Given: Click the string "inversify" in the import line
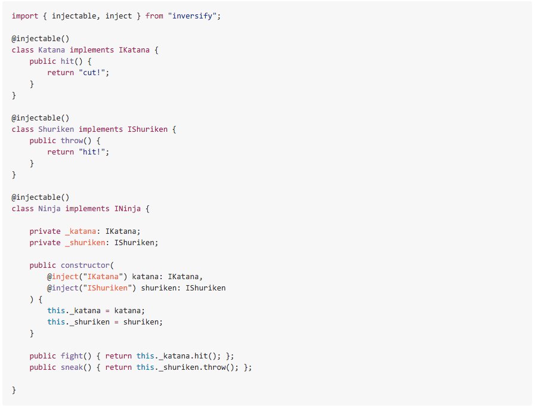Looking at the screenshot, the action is pyautogui.click(x=194, y=16).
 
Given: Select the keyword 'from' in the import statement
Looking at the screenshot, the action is pyautogui.click(x=154, y=16).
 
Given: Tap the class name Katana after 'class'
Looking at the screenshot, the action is pyautogui.click(x=51, y=50).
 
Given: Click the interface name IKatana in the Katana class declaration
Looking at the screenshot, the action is pyautogui.click(x=134, y=50).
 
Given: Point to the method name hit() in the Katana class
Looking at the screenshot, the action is pyautogui.click(x=72, y=61).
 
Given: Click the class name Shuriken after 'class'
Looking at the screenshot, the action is pyautogui.click(x=56, y=129).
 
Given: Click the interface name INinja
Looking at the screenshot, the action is pyautogui.click(x=127, y=208).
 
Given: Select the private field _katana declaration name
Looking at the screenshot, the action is pyautogui.click(x=81, y=231).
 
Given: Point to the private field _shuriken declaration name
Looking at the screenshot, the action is pyautogui.click(x=85, y=243).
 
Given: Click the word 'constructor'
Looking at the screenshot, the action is pyautogui.click(x=85, y=265).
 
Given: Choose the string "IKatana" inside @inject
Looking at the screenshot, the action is pyautogui.click(x=103, y=277).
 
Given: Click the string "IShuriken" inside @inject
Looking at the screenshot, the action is pyautogui.click(x=107, y=288).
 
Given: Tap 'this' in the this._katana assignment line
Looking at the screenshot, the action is pyautogui.click(x=56, y=310).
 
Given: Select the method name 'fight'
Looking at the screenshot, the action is pyautogui.click(x=72, y=356).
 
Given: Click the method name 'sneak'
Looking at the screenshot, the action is pyautogui.click(x=72, y=367).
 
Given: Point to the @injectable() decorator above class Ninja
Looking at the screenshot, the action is pyautogui.click(x=41, y=197).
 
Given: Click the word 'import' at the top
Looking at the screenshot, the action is pyautogui.click(x=25, y=16).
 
